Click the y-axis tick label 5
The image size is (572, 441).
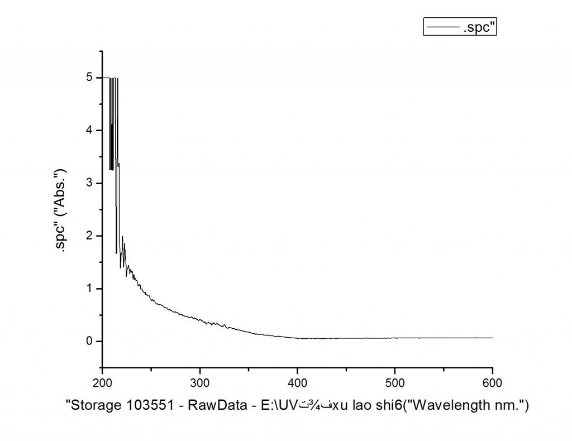click(90, 78)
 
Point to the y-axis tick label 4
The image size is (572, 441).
click(90, 131)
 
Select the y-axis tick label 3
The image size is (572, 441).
click(90, 183)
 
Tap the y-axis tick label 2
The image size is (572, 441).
click(90, 236)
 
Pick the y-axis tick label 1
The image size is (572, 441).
click(90, 289)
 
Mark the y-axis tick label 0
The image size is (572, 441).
click(90, 342)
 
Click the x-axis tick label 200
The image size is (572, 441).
click(103, 383)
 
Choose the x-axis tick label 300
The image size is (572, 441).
click(200, 383)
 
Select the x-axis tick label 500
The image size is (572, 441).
click(395, 383)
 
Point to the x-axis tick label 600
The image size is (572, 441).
click(492, 383)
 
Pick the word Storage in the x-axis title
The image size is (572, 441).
click(96, 405)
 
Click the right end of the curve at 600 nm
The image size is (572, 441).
click(492, 338)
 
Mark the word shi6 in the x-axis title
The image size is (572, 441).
click(387, 405)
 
